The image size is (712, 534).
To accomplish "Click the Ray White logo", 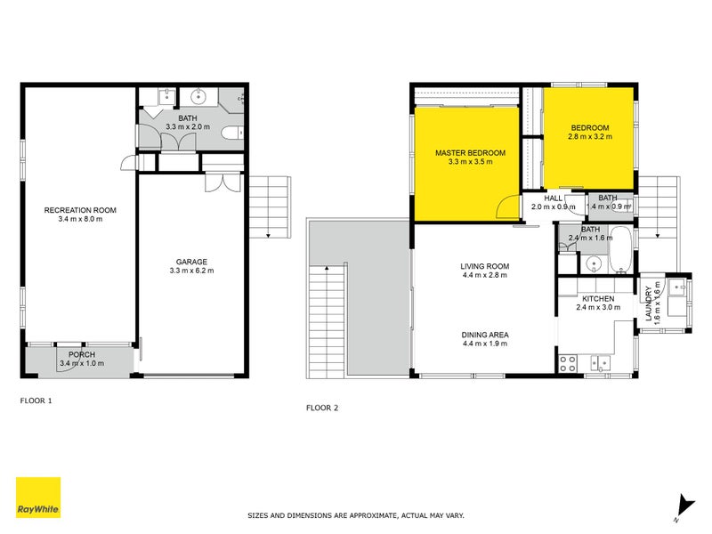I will click(38, 498).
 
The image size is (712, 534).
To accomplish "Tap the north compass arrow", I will click(683, 505).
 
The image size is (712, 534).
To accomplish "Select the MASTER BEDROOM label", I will click(470, 153).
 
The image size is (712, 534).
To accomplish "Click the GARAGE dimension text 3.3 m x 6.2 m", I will click(191, 271).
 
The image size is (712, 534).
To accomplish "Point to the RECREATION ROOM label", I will click(80, 210).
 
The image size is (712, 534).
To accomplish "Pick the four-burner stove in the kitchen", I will click(569, 362).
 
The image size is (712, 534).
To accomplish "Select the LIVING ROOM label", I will click(484, 265).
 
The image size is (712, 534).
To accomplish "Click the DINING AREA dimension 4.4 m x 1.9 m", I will click(484, 344).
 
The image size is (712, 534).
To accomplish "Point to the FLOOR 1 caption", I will click(36, 401).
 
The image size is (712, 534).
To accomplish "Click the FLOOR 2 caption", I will click(322, 409).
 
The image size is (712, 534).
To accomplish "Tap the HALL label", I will click(553, 198).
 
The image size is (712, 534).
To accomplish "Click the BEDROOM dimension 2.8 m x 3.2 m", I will click(589, 137).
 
